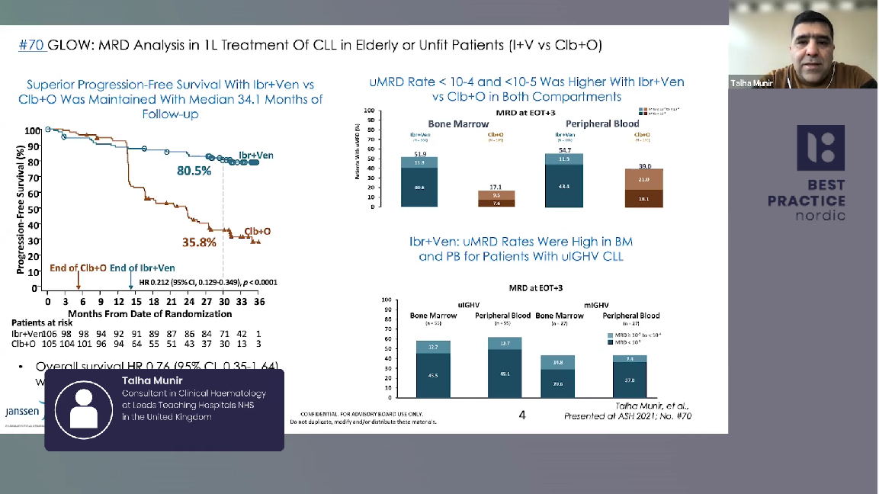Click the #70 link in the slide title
[32, 46]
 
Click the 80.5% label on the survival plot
[194, 172]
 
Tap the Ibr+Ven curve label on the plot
[255, 156]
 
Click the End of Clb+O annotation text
[78, 268]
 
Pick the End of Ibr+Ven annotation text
[142, 268]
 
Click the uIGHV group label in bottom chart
[467, 304]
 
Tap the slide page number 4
[522, 415]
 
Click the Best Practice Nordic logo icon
[820, 147]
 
